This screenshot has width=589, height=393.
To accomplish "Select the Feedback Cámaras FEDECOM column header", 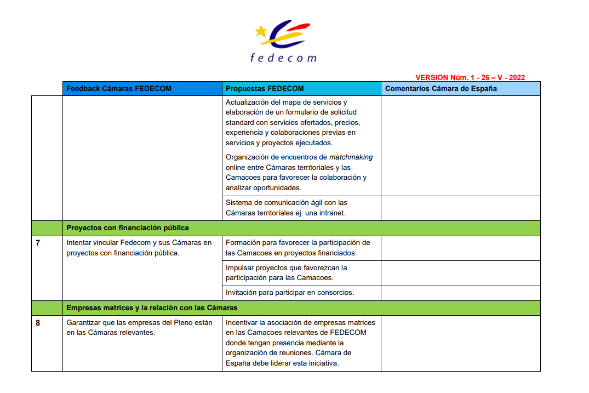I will [119, 89].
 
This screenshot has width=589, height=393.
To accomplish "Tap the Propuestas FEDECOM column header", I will [265, 89].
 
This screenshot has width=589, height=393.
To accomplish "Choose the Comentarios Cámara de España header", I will [441, 89].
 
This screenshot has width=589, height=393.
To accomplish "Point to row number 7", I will [38, 243].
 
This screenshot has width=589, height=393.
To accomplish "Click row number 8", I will [38, 323].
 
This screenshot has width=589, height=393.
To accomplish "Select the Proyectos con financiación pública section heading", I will [128, 228].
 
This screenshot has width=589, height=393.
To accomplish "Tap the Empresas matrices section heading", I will [152, 308].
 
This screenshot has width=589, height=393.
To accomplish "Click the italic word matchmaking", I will [351, 157].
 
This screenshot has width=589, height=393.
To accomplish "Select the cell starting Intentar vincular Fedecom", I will [139, 248].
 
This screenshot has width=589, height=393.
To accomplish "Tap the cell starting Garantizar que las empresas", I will [139, 328].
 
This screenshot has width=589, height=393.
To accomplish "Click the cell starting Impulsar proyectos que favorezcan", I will [287, 273].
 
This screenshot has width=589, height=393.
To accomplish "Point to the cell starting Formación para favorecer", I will [298, 248].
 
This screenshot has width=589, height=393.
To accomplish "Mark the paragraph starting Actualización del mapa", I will [293, 122].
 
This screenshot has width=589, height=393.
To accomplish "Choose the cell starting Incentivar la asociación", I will [300, 343].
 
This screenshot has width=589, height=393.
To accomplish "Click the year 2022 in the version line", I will [516, 78].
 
